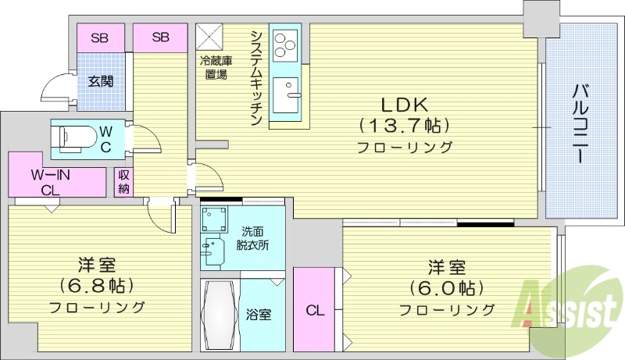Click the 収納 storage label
click(x=123, y=182)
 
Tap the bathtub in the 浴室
click(x=219, y=315)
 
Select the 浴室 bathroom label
click(x=259, y=315)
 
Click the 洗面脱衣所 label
click(x=252, y=238)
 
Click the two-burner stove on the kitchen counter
click(x=284, y=45)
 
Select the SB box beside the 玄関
click(x=100, y=36)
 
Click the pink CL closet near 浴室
click(x=314, y=311)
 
